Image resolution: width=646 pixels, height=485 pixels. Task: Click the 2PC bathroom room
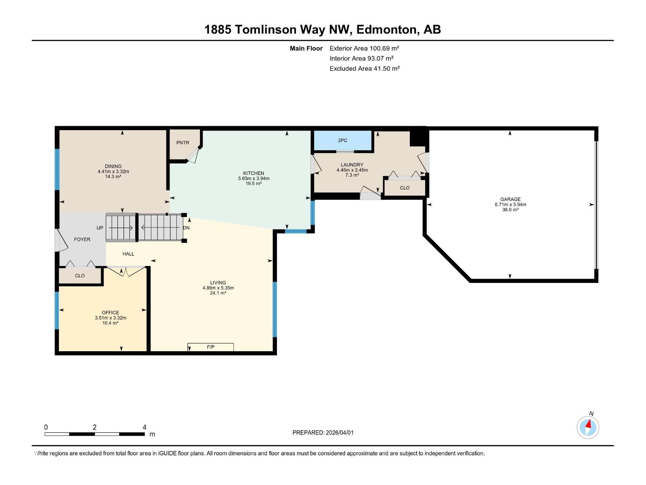(x=342, y=140)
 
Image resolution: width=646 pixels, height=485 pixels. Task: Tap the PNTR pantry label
(x=182, y=143)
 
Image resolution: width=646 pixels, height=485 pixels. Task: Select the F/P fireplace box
(x=210, y=347)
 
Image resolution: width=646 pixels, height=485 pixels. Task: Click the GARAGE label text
(x=510, y=199)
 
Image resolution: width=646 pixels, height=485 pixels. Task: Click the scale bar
(x=94, y=434)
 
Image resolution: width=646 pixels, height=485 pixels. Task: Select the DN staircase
(x=160, y=228)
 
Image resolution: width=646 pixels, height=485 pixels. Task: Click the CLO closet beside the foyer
(x=80, y=276)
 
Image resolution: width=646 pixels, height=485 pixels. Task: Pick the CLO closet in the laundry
(x=405, y=188)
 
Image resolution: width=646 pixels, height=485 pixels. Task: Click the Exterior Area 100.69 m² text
(x=364, y=48)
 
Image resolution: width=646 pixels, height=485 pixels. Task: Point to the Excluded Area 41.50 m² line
(x=364, y=69)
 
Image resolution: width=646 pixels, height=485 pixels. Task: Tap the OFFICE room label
(x=110, y=312)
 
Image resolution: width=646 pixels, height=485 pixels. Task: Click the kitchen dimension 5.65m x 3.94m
(x=254, y=178)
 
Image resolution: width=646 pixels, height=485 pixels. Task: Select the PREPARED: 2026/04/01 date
(x=323, y=432)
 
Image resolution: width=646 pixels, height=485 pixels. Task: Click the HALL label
(x=128, y=254)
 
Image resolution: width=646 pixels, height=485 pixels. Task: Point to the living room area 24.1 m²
(x=218, y=293)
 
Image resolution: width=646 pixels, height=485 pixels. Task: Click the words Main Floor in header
(x=306, y=48)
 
